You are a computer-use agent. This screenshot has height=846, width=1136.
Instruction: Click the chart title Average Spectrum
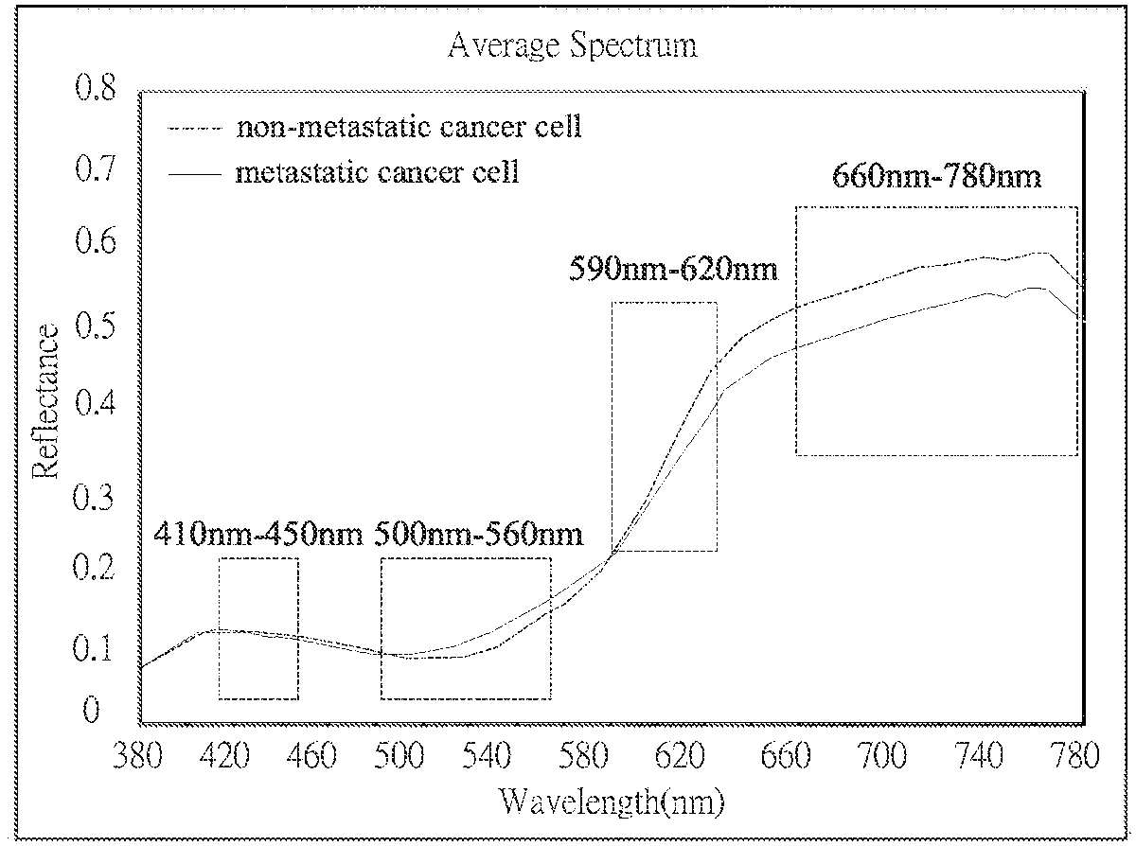point(573,45)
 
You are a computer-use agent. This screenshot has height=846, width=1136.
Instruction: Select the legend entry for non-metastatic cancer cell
point(408,128)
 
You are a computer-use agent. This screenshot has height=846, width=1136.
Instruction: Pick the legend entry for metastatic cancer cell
point(377,174)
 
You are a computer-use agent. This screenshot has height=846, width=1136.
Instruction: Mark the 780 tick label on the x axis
point(1079,756)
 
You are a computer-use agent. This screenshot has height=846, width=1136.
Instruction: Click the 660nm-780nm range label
point(935,176)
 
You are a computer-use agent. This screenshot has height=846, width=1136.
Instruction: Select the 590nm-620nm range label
point(672,270)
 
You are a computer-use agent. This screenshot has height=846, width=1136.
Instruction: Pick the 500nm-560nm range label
point(478,534)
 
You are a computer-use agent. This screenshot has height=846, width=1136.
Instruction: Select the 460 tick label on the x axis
point(312,756)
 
